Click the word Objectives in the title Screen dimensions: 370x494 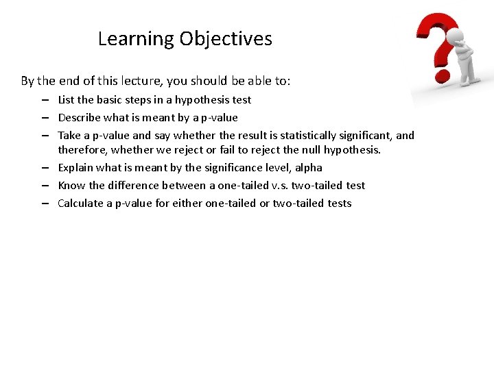(x=226, y=39)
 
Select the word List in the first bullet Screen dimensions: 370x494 (x=67, y=99)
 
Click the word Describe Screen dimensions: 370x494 (x=79, y=117)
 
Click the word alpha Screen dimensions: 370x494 (x=308, y=167)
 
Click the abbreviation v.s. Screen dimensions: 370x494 (x=280, y=185)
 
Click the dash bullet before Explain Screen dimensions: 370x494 (x=45, y=167)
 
